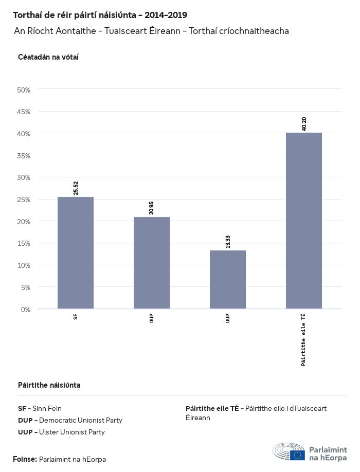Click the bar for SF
(76, 252)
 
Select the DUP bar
(152, 263)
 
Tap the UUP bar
(228, 279)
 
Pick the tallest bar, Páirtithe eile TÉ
(304, 221)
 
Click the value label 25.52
(76, 188)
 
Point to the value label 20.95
(152, 208)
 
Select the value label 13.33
(228, 242)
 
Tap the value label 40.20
(304, 124)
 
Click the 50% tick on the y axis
(24, 90)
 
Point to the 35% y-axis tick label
(24, 156)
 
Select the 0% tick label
(26, 309)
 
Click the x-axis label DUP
(152, 317)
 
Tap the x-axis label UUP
(228, 317)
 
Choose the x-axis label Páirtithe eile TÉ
(304, 339)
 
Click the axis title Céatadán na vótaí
(48, 57)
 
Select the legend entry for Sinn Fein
(40, 409)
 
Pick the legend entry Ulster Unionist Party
(61, 432)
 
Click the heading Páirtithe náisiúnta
(49, 385)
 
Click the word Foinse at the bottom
(25, 459)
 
